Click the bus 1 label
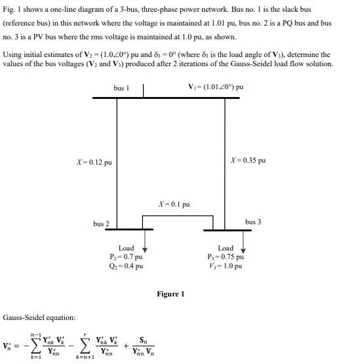click(x=120, y=88)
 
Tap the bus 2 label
click(x=101, y=224)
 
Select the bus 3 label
click(x=253, y=222)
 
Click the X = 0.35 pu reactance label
click(x=249, y=161)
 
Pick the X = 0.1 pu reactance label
click(x=174, y=205)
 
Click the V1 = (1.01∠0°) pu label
click(x=216, y=87)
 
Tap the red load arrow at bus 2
click(x=145, y=247)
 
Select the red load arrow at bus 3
click(x=243, y=247)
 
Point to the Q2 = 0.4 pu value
click(x=127, y=266)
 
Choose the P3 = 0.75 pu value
click(x=225, y=257)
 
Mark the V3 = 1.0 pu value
click(x=225, y=266)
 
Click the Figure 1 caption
click(x=170, y=294)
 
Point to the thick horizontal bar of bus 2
click(x=132, y=230)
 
